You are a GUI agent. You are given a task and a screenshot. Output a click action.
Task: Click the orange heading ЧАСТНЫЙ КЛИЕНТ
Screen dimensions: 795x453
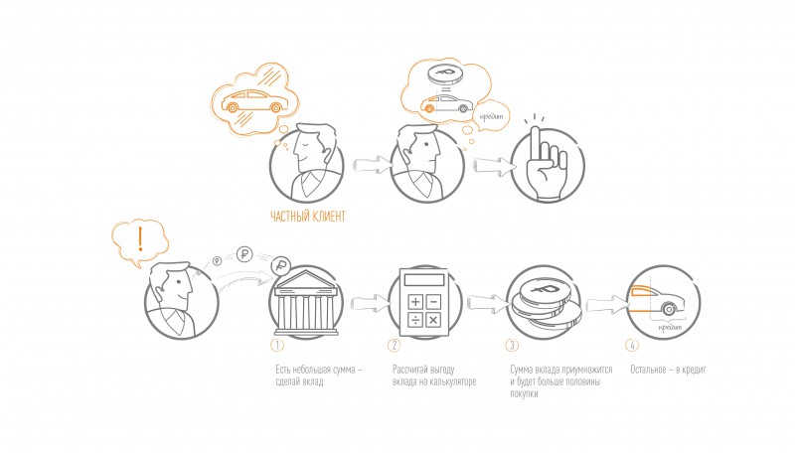[308, 217]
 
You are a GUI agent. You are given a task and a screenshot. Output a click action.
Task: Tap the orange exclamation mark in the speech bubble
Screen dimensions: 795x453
[140, 239]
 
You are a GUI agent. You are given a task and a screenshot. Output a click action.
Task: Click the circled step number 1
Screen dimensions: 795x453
[277, 345]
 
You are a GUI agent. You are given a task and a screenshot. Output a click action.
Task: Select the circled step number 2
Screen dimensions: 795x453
[394, 345]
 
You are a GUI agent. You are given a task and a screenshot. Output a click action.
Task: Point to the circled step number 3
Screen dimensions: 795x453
[512, 345]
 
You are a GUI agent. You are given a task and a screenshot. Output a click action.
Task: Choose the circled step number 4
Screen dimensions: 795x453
[632, 345]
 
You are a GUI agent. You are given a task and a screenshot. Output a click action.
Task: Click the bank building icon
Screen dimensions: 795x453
[306, 303]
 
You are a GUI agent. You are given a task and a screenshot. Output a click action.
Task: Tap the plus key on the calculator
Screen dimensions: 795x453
[415, 302]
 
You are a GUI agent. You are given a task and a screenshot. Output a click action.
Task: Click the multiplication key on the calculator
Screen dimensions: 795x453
[433, 320]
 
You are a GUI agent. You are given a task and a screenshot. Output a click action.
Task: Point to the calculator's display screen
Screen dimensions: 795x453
[424, 280]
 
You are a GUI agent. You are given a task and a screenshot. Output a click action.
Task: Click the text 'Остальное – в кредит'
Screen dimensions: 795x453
[668, 370]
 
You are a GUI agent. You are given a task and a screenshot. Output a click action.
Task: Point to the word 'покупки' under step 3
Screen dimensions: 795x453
[524, 393]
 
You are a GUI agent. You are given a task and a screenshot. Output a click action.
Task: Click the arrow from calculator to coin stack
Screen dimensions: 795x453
[488, 302]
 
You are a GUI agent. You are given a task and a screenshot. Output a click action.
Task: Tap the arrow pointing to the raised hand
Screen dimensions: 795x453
[494, 165]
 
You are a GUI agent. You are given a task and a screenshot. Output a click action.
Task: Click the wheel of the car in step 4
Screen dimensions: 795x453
[669, 309]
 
